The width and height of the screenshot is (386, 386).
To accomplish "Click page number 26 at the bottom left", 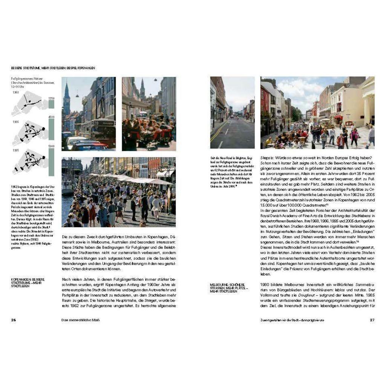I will (x=14, y=320).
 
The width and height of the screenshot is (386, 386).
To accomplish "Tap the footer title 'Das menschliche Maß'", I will (x=83, y=320).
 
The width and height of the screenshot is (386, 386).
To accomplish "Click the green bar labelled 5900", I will (x=52, y=162).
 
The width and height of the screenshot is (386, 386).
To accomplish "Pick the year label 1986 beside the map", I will (x=15, y=122).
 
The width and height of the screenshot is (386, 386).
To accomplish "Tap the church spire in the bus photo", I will (x=67, y=94).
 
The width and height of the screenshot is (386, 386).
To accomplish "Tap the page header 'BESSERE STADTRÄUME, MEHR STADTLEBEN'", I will (x=53, y=68).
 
